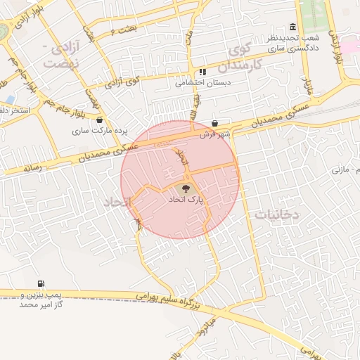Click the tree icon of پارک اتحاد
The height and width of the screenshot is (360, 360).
[x=185, y=188]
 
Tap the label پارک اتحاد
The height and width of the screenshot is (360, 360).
[x=185, y=200]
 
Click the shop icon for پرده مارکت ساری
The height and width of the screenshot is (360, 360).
[x=100, y=120]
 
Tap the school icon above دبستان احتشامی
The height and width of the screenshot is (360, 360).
[x=202, y=72]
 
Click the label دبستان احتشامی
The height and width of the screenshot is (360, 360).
[x=201, y=82]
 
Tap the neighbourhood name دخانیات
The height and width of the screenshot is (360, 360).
[x=277, y=213]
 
